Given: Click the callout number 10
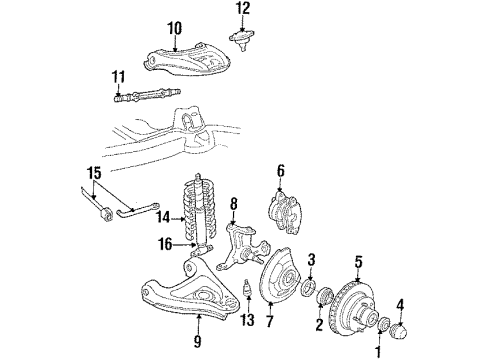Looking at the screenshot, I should tap(174, 28).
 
